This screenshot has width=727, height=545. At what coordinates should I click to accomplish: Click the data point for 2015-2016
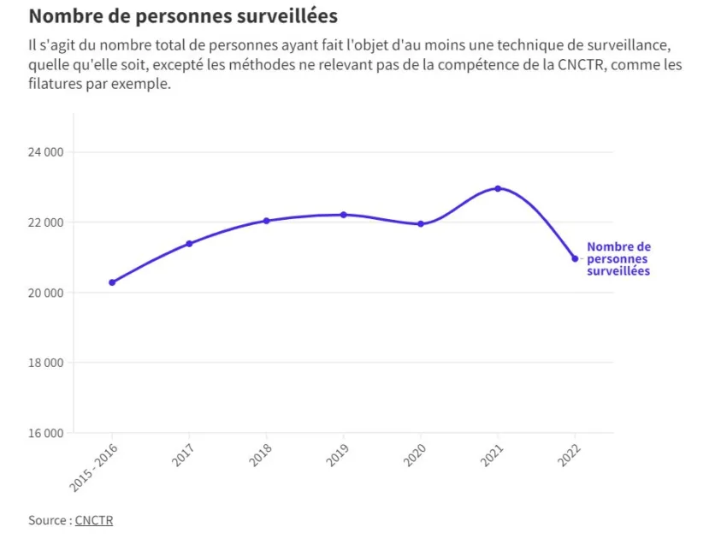[x=112, y=282]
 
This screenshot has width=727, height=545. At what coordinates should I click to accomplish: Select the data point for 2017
[x=189, y=244]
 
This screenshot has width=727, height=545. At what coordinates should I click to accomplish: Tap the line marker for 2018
[x=266, y=221]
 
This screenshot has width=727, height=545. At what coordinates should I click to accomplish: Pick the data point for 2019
[x=343, y=215]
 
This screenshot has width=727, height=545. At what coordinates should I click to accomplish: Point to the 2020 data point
[x=420, y=224]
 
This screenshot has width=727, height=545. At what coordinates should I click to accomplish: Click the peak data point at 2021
[x=498, y=188]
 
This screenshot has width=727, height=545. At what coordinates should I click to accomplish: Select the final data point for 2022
[x=575, y=258]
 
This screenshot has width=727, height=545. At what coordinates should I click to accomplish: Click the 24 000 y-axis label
[x=46, y=152]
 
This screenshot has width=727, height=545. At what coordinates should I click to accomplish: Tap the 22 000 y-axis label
[x=46, y=222]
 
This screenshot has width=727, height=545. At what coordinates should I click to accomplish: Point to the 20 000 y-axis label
[x=46, y=293]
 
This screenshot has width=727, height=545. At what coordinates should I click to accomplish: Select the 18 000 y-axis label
[x=46, y=363]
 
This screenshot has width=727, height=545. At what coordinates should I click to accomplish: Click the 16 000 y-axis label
[x=46, y=433]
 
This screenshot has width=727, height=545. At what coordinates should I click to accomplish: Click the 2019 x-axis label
[x=335, y=456]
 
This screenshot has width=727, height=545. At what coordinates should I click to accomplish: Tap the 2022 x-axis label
[x=567, y=456]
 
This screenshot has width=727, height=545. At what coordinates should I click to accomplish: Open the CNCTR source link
[x=93, y=520]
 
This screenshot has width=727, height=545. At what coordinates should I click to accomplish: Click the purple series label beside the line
[x=618, y=258]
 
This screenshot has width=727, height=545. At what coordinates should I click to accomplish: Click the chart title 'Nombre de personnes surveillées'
[x=183, y=16]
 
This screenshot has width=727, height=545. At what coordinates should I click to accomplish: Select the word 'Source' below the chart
[x=47, y=520]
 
